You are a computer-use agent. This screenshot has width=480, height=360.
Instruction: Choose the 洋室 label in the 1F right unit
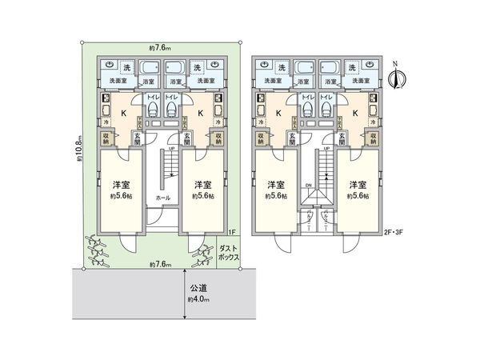click(x=200, y=183)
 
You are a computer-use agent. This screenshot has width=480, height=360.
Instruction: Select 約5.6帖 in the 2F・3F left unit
click(x=277, y=195)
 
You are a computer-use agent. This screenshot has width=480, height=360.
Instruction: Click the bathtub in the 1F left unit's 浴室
click(x=150, y=67)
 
